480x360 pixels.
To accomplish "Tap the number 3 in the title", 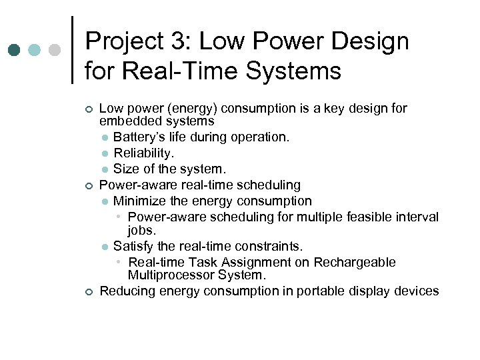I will [x=179, y=41].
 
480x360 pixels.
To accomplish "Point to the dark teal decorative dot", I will [x=14, y=50].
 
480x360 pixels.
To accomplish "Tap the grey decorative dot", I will [x=55, y=50].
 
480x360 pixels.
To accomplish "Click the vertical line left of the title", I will [x=72, y=50].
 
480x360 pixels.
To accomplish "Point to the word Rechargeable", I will [x=356, y=263].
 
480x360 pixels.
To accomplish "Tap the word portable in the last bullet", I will [x=315, y=291].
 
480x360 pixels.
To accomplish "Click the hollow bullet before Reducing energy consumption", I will [x=87, y=291].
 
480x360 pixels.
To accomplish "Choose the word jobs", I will [x=141, y=230].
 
